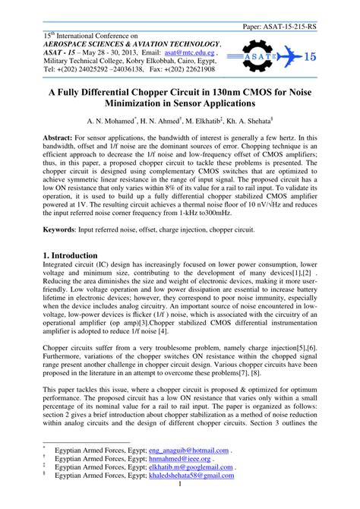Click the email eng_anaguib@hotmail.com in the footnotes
[189, 450]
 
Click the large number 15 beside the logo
[311, 56]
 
